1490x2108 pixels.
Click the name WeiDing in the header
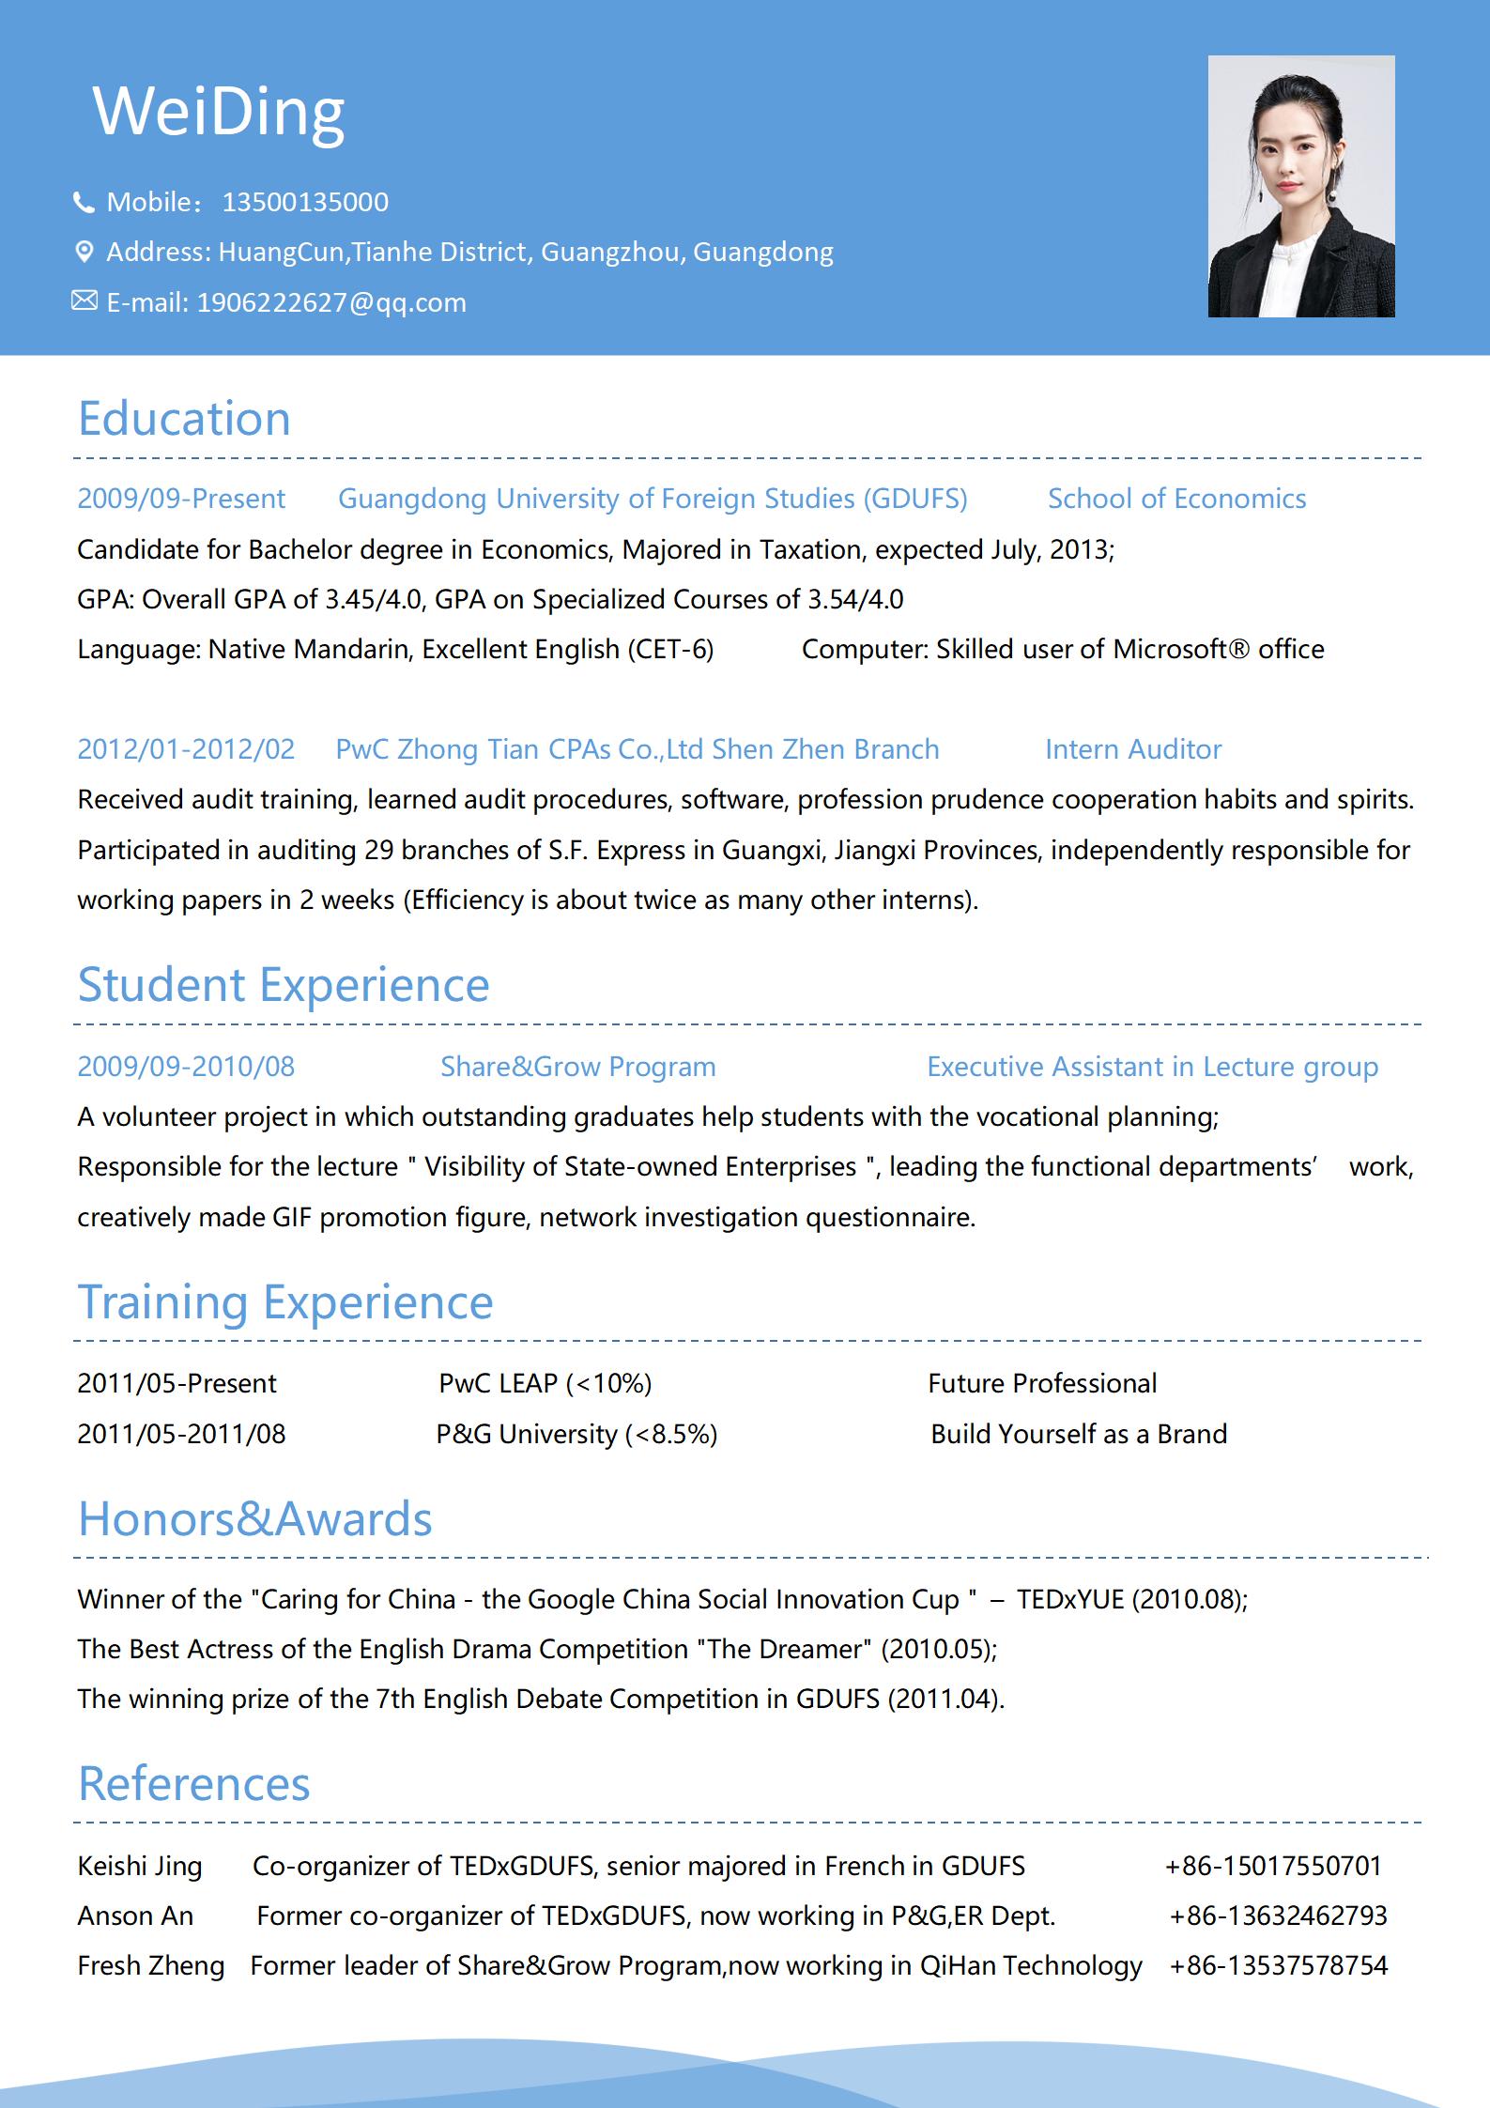coord(219,112)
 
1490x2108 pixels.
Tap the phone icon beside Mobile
coord(84,202)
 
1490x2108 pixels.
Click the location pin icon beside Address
coord(84,252)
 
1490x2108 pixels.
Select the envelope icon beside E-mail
coord(84,301)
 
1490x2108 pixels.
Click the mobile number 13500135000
coord(305,202)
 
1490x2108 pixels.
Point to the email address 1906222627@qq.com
coord(331,302)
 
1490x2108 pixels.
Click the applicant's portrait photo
coord(1300,186)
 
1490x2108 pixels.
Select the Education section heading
coord(184,418)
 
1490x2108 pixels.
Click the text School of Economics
coord(1176,499)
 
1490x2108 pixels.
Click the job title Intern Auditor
coord(1133,749)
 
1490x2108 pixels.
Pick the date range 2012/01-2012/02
coord(186,749)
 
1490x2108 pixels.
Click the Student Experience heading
coord(284,984)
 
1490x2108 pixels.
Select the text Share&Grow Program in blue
coord(578,1067)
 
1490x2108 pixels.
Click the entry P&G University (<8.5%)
coord(576,1434)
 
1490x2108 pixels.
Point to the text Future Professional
coord(1042,1383)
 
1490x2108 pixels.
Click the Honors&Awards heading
coord(254,1518)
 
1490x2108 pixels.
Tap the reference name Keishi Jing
coord(140,1866)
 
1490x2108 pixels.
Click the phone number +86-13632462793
coord(1278,1916)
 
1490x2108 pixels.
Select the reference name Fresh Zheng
coord(151,1965)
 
